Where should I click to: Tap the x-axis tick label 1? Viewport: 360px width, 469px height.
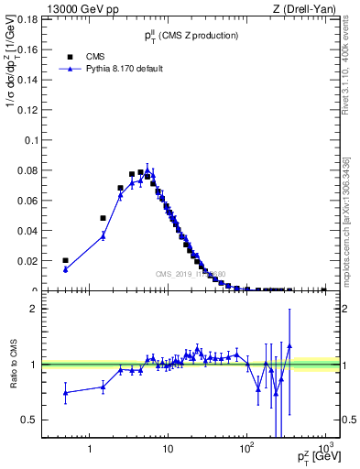pos(90,449)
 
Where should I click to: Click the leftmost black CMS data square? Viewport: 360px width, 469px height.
pos(65,260)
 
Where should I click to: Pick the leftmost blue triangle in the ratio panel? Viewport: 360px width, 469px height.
pos(65,393)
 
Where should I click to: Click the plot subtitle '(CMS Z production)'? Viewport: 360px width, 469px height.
pos(202,35)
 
